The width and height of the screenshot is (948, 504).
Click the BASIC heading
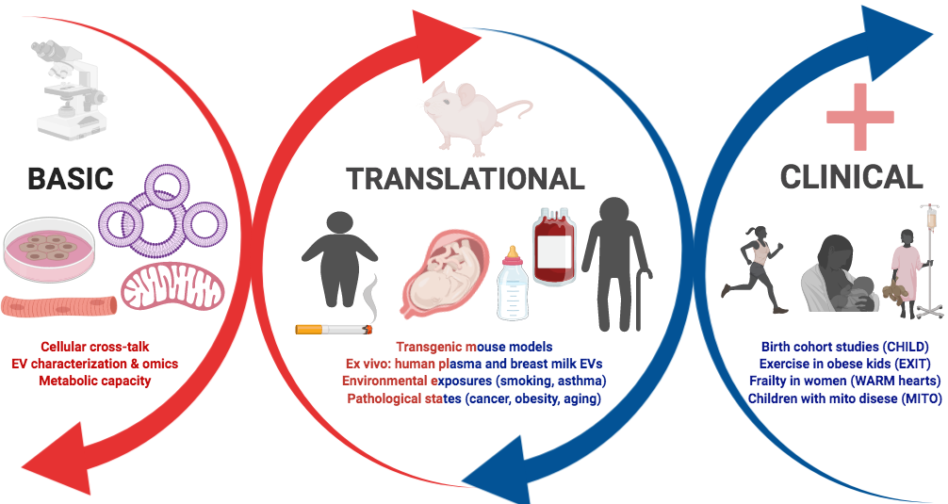point(71,180)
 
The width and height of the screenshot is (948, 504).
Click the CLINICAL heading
point(851,176)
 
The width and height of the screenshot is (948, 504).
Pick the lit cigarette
point(334,329)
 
